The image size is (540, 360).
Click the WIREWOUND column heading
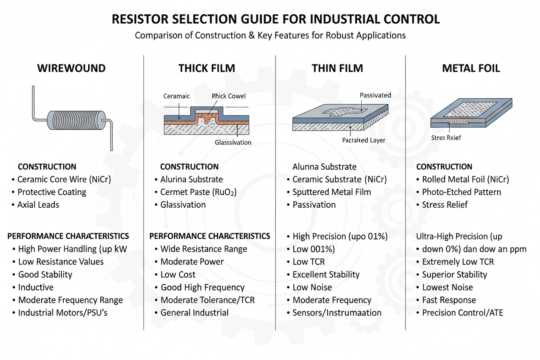point(71,68)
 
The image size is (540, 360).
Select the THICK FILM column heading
point(206,68)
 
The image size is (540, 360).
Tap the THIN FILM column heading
point(337,68)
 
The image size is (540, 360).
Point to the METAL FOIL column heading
point(471,68)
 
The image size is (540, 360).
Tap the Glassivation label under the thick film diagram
point(233,142)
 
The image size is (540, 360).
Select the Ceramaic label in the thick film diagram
point(177,96)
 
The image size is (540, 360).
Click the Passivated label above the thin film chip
point(375,95)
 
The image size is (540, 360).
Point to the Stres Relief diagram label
point(446,138)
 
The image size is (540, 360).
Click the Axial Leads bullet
point(39,205)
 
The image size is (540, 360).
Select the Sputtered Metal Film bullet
point(331,192)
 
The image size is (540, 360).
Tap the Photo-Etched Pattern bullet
point(461,192)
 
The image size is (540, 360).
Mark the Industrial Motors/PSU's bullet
point(62,312)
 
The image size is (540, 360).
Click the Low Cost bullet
point(178,275)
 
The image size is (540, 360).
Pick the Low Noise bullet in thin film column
point(312,287)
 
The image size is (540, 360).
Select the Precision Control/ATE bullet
point(462,312)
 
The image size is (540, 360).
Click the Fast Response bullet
point(449,300)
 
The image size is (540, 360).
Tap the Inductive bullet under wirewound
point(35,287)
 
